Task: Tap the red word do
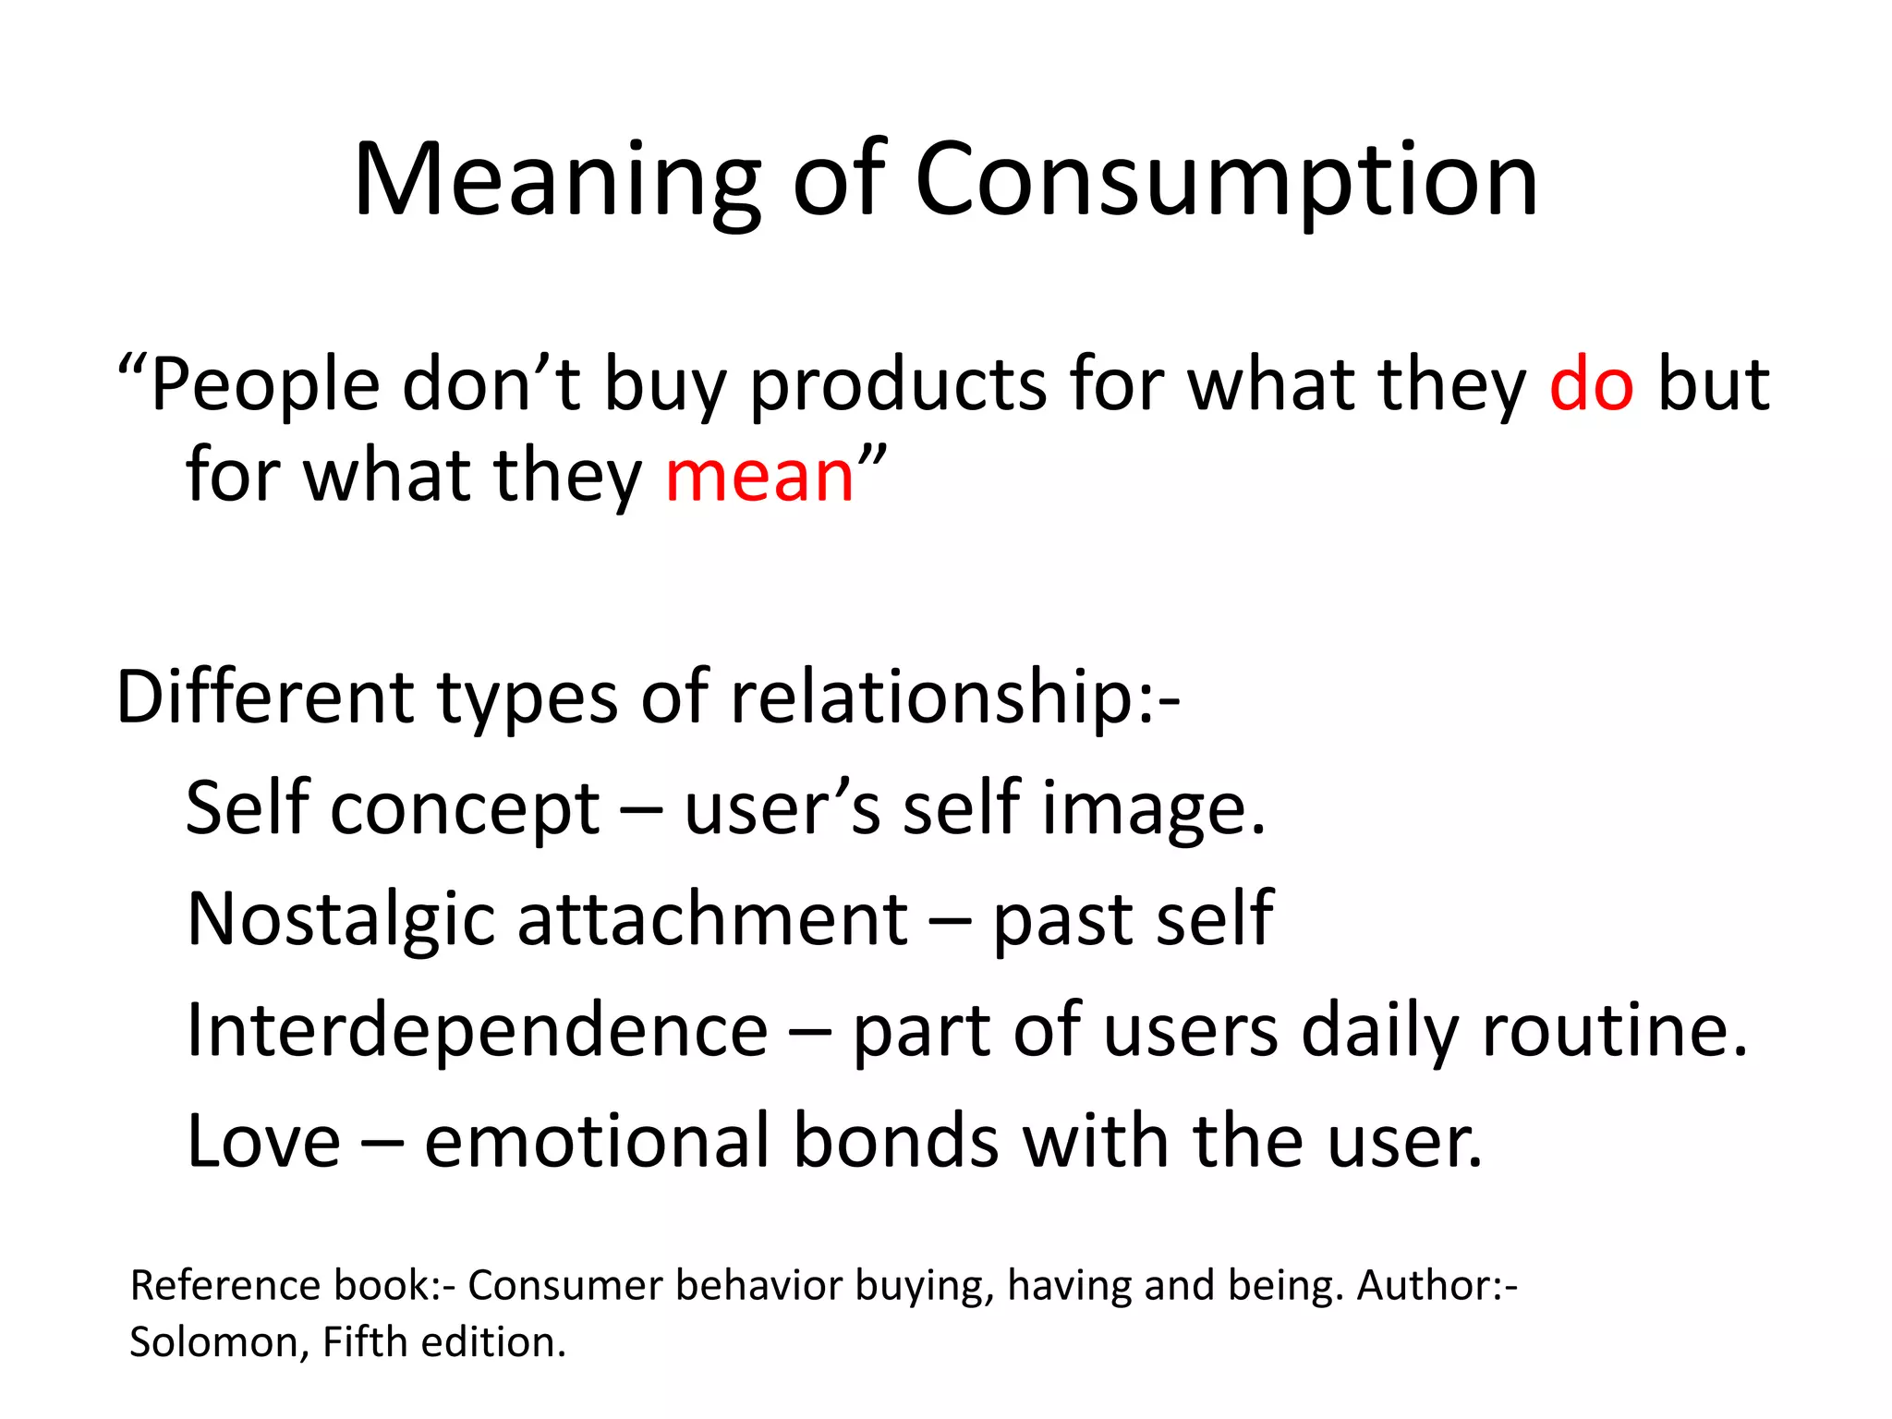1591,383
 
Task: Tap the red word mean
759,476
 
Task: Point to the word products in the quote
897,385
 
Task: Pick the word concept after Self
466,809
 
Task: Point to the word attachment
712,920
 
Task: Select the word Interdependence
477,1030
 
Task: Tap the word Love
264,1142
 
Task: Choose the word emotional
597,1142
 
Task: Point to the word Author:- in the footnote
1437,1286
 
